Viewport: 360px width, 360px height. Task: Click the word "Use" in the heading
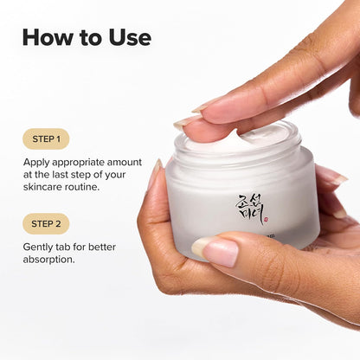(128, 37)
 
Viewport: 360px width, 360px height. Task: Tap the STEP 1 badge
(45, 138)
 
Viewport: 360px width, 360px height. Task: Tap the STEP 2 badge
(45, 223)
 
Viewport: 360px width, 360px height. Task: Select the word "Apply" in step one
(38, 161)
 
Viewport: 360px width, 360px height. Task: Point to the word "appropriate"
(86, 161)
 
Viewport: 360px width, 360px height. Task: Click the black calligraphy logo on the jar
(247, 207)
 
